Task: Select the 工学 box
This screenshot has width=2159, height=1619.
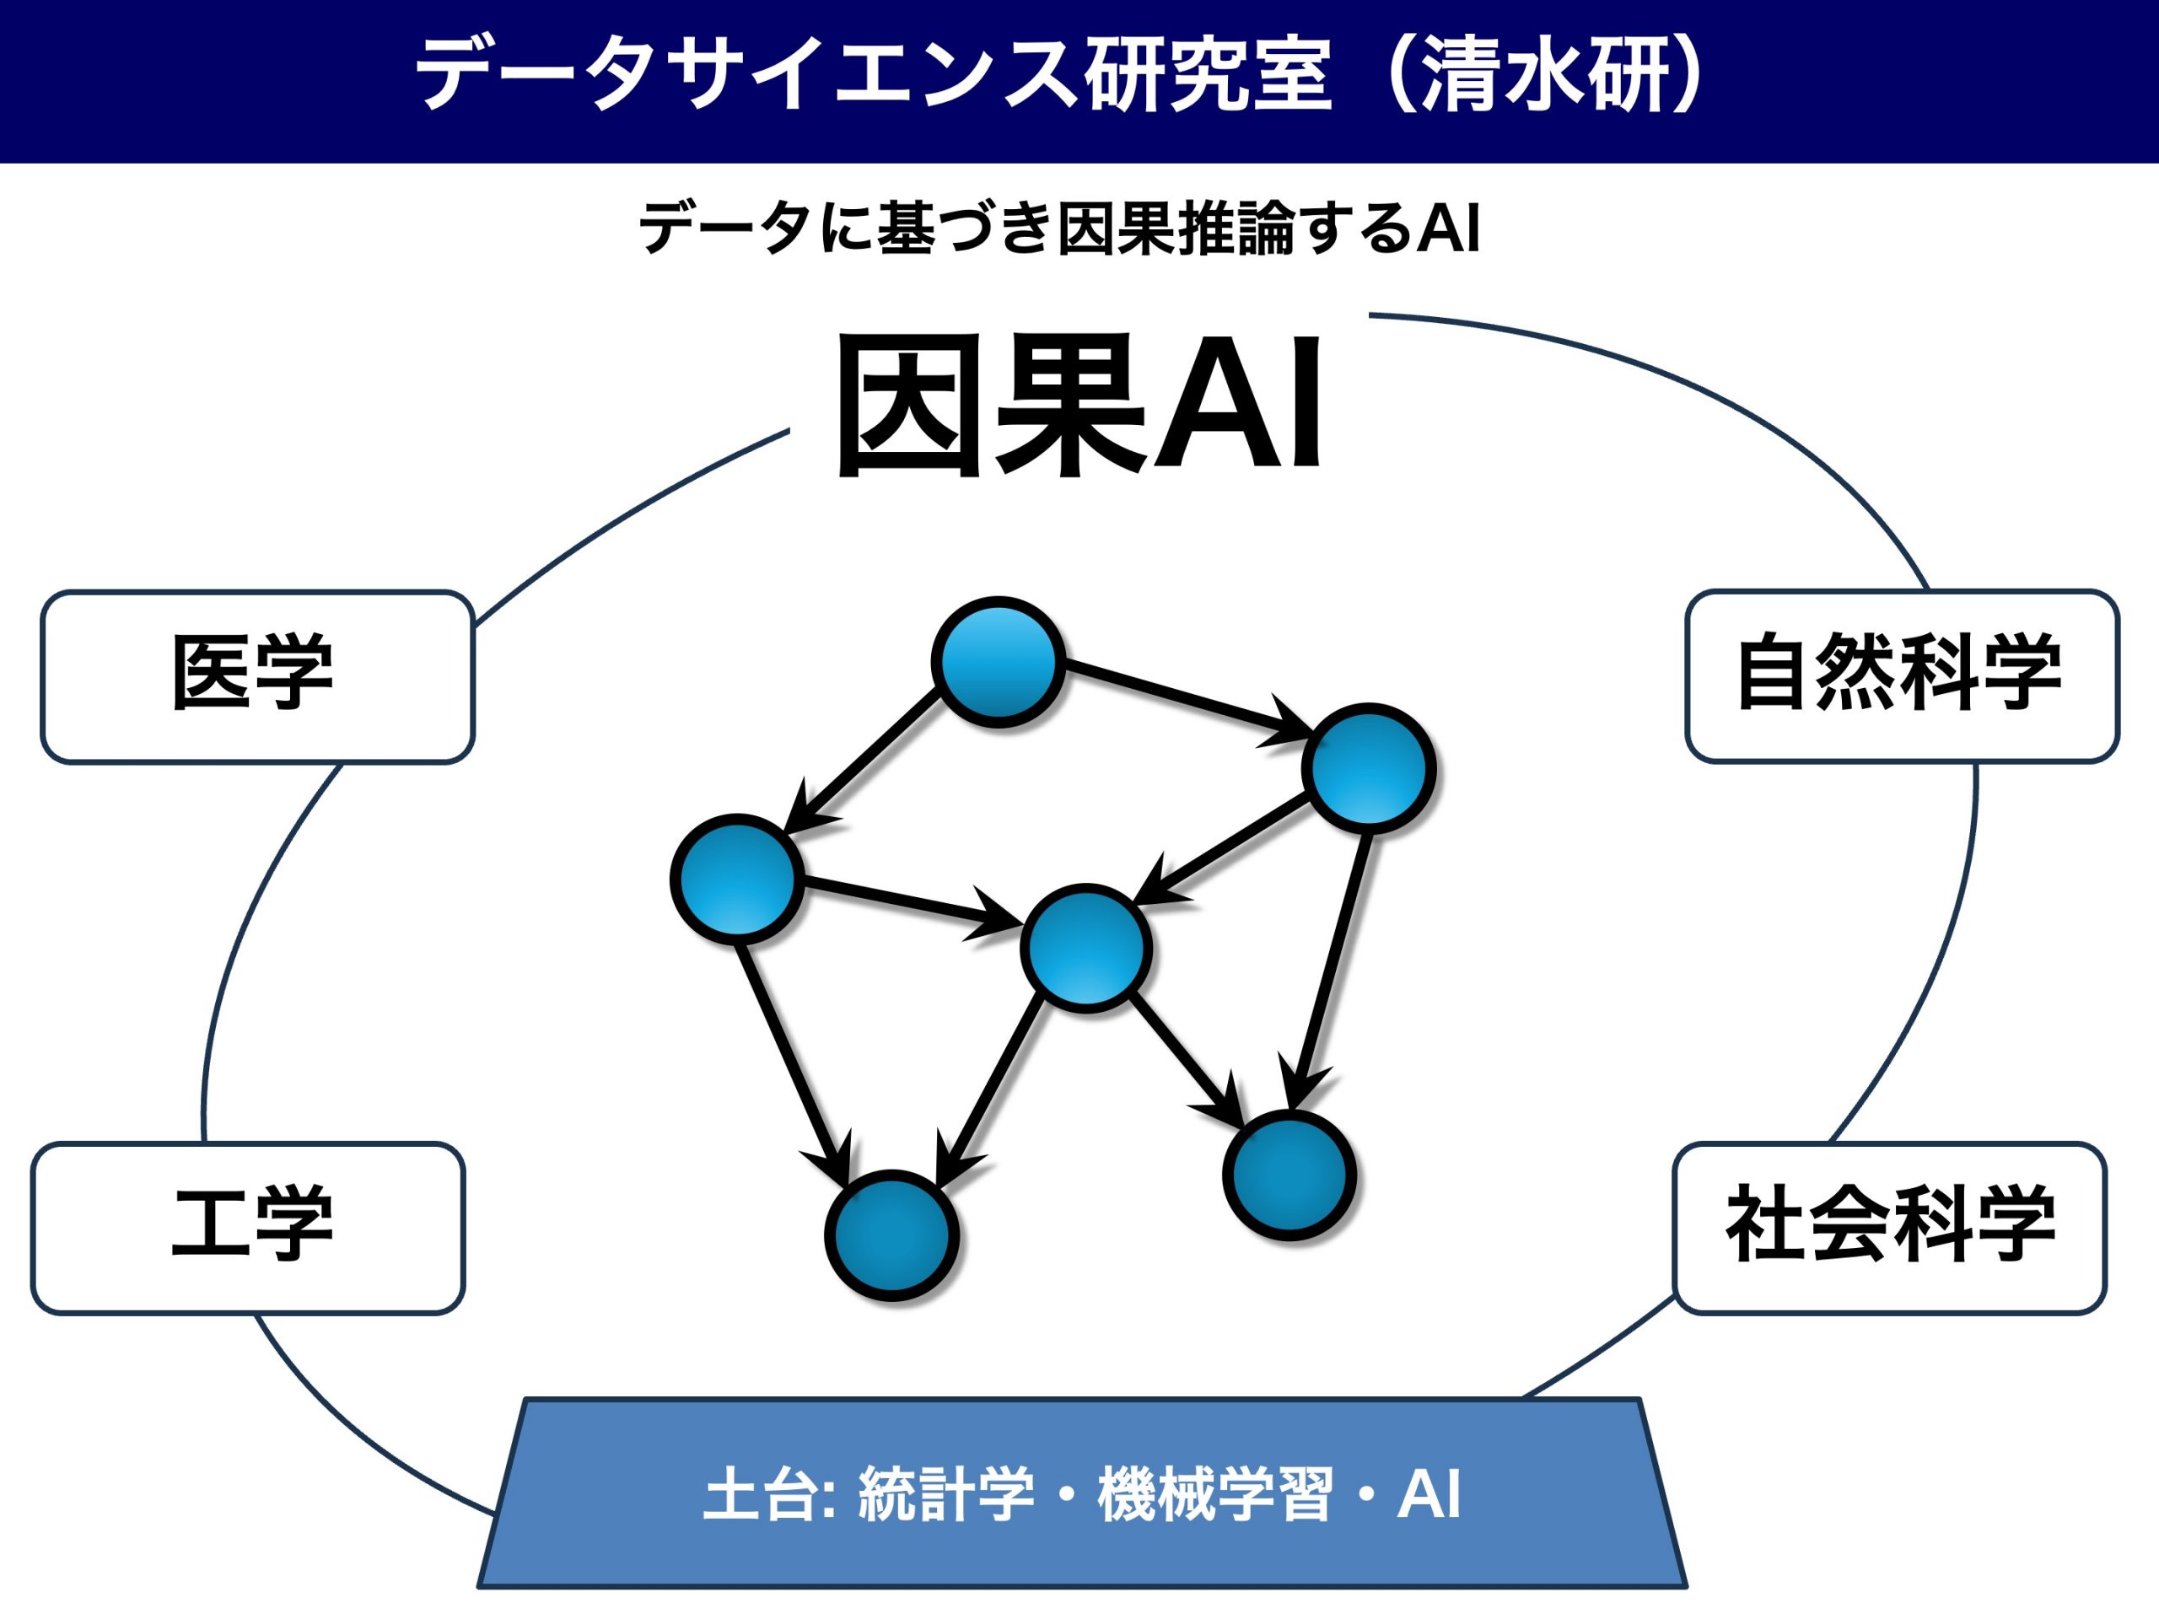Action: pos(248,1228)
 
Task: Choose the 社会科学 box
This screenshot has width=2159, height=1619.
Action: pos(1890,1228)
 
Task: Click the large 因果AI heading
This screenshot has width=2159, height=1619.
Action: pos(1079,405)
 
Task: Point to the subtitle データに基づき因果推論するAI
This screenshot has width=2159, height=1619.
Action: pos(1059,228)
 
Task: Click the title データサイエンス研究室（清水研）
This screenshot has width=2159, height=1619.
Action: pos(1062,75)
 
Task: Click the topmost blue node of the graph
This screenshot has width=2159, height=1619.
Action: pos(998,662)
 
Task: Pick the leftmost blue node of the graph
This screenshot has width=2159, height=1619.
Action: pos(737,879)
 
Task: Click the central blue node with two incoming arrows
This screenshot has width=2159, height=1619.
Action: pos(1085,949)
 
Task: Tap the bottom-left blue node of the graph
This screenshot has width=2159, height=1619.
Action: pos(891,1234)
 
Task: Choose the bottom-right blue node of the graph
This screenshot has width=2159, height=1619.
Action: pos(1289,1175)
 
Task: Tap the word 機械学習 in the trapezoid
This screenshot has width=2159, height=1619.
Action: pos(1214,1493)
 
